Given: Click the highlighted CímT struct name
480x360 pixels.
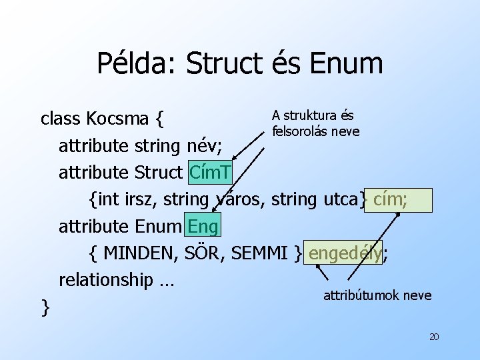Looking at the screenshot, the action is point(210,173).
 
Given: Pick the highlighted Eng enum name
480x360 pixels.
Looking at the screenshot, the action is point(203,227).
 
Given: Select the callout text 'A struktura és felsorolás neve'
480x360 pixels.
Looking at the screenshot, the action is point(315,123).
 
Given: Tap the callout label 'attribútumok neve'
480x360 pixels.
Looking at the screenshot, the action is point(377,295).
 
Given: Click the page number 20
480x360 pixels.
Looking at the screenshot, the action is point(433,337).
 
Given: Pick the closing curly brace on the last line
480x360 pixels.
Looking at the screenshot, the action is point(45,307).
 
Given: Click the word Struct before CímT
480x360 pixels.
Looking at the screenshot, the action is point(157,173).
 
